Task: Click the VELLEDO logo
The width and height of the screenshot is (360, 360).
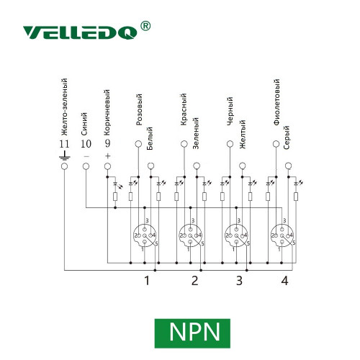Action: [80, 32]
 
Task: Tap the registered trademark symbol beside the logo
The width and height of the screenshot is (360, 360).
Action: [145, 26]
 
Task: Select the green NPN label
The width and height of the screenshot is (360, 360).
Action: [192, 333]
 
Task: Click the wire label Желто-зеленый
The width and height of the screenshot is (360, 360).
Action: [64, 107]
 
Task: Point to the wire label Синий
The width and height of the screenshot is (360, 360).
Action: [84, 124]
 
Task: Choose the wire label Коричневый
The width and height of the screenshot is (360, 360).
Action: [107, 112]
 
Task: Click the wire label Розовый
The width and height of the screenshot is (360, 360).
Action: [139, 109]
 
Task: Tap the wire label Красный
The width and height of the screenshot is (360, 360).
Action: [184, 109]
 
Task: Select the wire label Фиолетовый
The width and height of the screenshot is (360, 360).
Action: [276, 102]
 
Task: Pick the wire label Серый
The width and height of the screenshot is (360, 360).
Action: [287, 138]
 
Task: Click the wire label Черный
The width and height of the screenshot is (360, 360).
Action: [230, 111]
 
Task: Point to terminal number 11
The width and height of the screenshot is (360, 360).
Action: [64, 144]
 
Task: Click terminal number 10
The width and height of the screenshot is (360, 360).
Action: [86, 144]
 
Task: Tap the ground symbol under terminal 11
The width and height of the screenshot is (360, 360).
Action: [65, 156]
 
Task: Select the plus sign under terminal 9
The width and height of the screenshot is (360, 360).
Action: [108, 156]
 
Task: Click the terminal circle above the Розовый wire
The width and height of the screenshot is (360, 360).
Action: [138, 144]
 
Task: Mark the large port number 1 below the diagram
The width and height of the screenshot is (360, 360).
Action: [147, 281]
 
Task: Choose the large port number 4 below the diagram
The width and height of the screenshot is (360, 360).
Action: [284, 281]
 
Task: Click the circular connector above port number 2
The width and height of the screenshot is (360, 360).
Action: [191, 235]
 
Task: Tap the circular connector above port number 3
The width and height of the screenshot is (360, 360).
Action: [236, 235]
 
